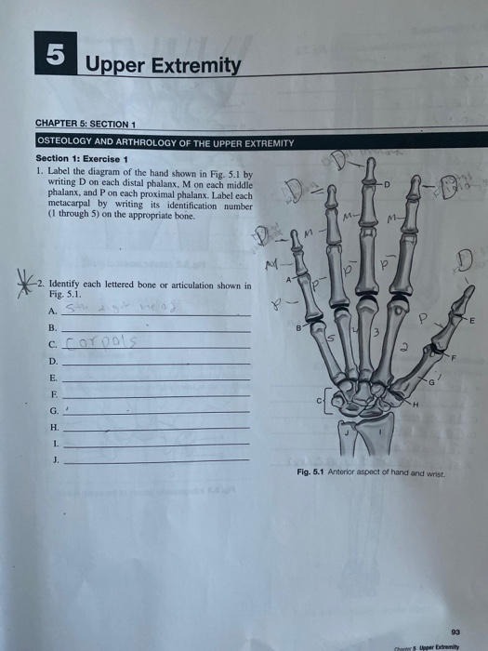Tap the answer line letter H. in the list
[52, 428]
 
